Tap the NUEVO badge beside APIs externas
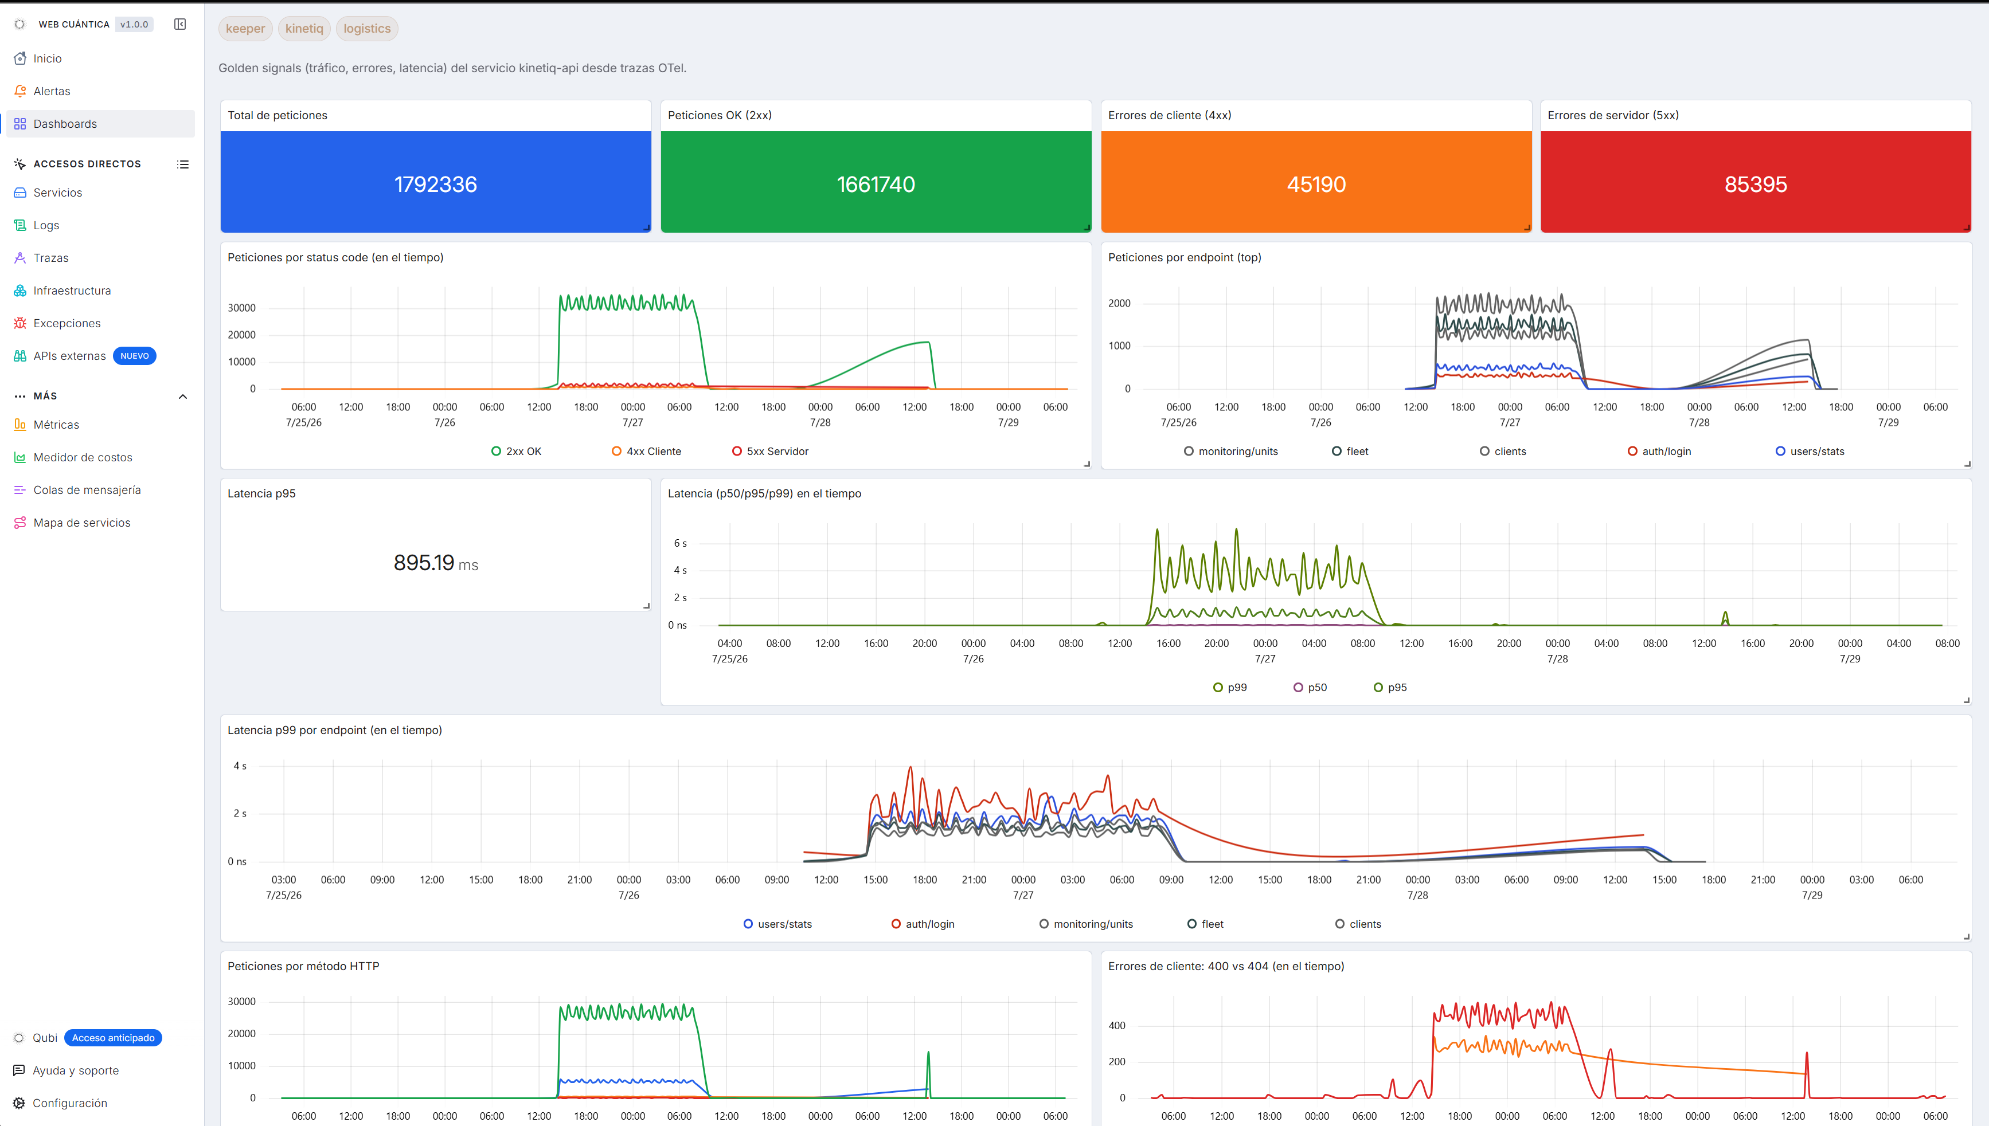point(135,356)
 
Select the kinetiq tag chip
point(304,29)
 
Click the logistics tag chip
point(367,29)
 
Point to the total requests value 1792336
point(436,184)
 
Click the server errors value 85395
point(1756,184)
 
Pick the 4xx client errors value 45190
point(1316,184)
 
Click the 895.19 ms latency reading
point(436,563)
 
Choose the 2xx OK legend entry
point(516,452)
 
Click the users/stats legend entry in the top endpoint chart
point(1810,452)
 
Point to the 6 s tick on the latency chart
point(680,544)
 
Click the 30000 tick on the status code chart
point(241,308)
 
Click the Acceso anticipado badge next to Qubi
point(113,1038)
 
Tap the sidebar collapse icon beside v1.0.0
point(180,24)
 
